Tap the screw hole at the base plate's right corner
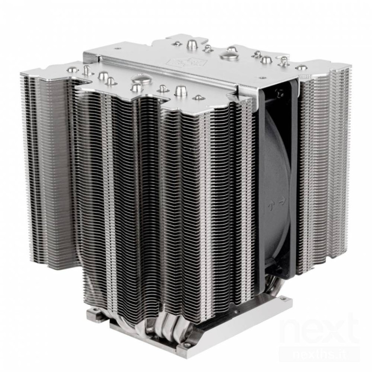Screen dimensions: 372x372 coord(279,316)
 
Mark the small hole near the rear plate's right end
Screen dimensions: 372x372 coord(302,67)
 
